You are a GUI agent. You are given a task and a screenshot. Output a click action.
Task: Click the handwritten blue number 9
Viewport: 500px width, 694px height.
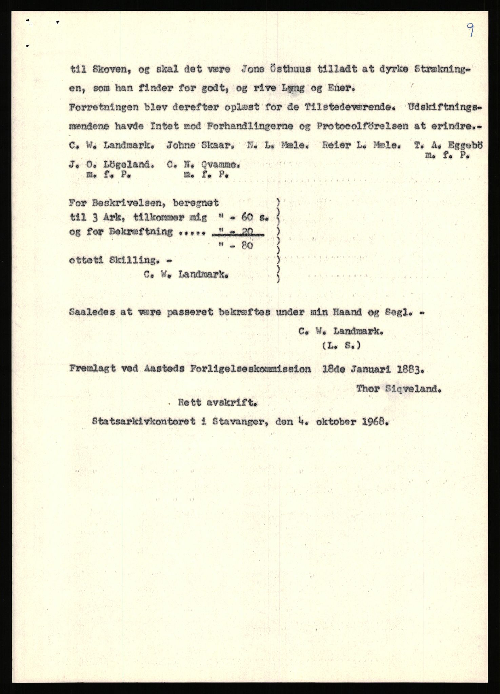[470, 30]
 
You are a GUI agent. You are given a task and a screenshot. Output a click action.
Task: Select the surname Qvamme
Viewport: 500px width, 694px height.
[221, 165]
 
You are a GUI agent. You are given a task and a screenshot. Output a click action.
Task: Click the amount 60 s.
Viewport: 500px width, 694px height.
[254, 218]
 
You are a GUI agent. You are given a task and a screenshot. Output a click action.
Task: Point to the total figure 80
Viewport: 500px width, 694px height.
[247, 245]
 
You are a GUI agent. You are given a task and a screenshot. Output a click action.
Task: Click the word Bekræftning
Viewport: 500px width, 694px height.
[141, 232]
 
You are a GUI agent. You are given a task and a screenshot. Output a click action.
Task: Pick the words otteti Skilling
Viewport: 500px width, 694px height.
[114, 260]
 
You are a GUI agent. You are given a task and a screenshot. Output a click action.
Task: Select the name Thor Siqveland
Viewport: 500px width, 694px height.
[399, 389]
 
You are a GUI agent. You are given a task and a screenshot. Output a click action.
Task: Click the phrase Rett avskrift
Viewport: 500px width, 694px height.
[217, 403]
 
